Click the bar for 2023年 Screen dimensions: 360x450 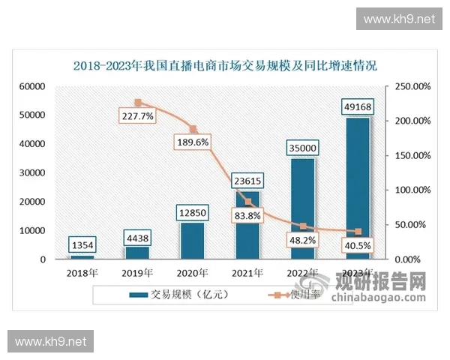pyautogui.click(x=358, y=187)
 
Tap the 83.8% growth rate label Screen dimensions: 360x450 pyautogui.click(x=247, y=216)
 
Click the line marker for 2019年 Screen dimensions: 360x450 pyautogui.click(x=137, y=103)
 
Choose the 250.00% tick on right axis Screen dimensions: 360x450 pyautogui.click(x=412, y=87)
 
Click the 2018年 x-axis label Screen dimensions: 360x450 pyautogui.click(x=82, y=272)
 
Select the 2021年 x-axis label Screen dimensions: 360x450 pyautogui.click(x=247, y=272)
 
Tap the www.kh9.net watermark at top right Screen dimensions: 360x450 pyautogui.click(x=398, y=19)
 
